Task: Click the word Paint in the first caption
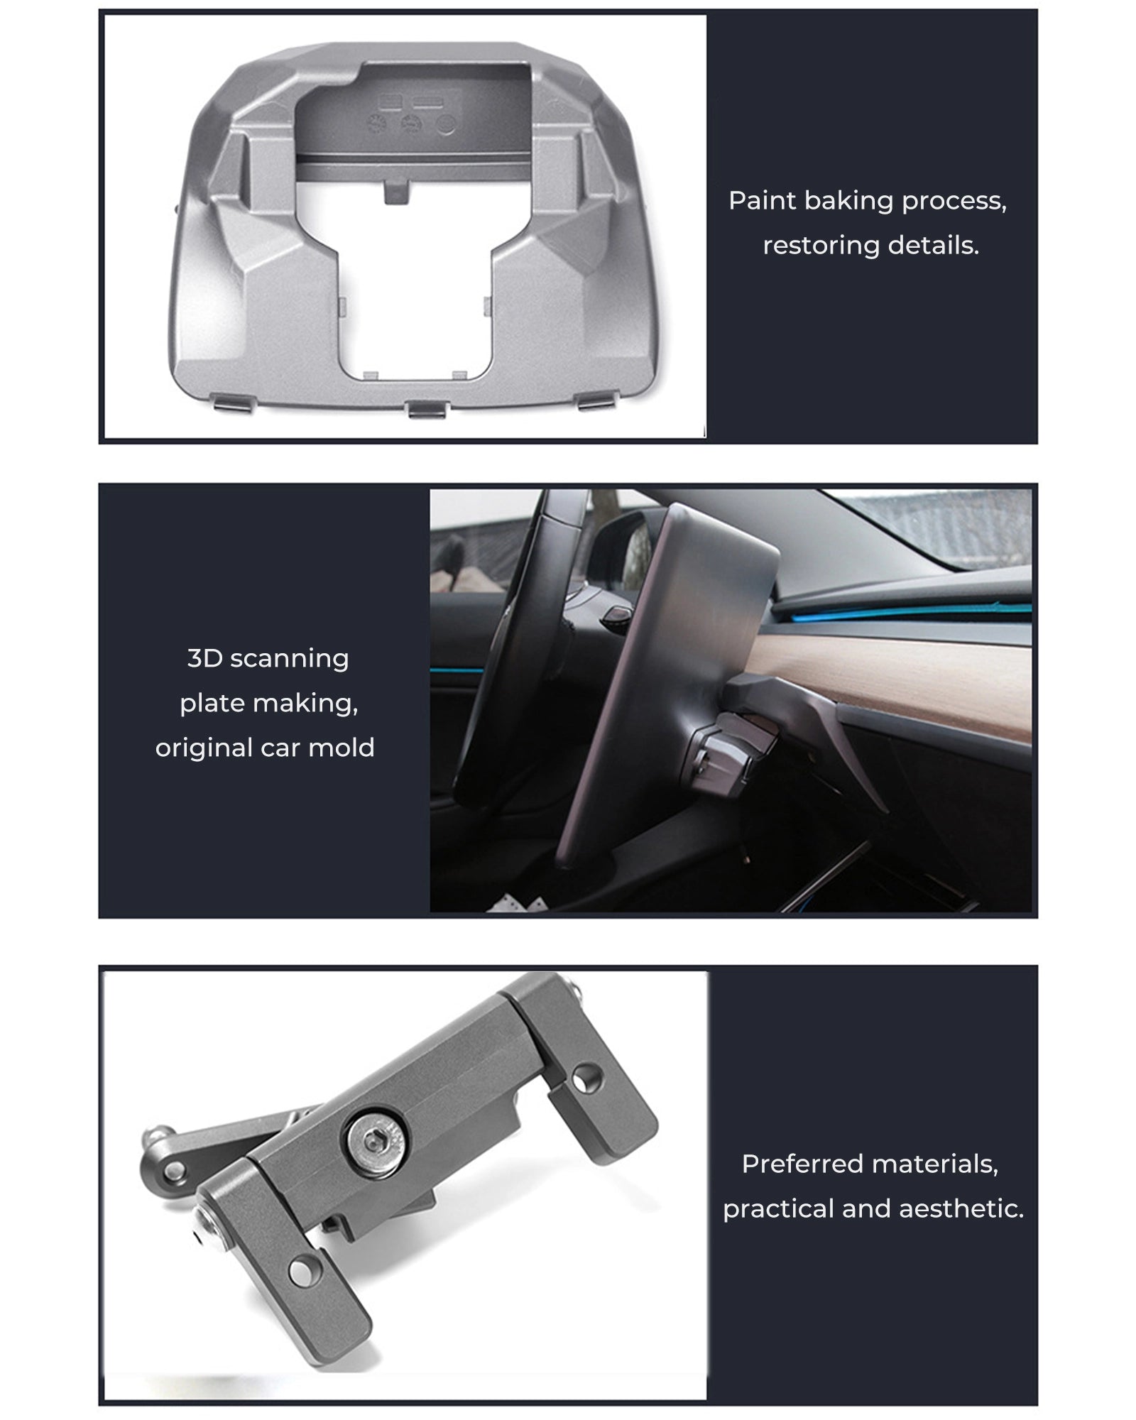click(762, 201)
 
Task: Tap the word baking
click(848, 202)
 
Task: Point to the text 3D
click(204, 658)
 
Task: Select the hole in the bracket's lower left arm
click(305, 1269)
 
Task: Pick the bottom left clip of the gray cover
click(237, 403)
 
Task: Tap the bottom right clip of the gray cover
click(596, 403)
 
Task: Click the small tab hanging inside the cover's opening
click(396, 190)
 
